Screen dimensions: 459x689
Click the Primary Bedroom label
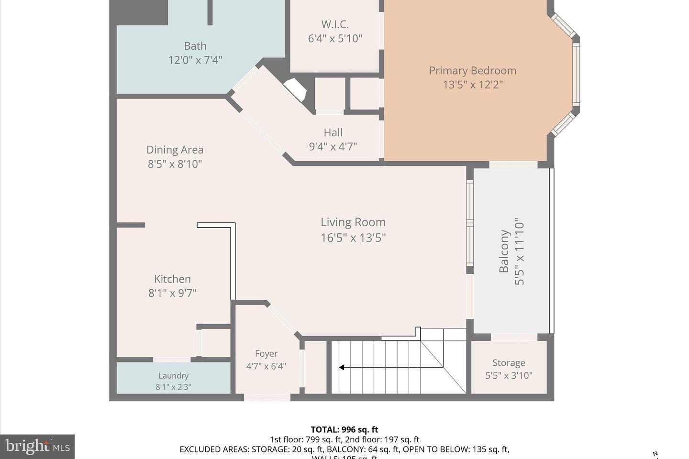tap(472, 71)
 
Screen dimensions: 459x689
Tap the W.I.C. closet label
tap(335, 24)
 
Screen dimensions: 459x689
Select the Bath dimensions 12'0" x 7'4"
tap(195, 60)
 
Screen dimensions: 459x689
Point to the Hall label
tap(333, 132)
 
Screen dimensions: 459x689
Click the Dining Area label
tap(175, 150)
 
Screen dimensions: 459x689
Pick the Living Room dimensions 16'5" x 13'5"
tap(353, 238)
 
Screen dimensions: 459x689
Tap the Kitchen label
tap(172, 279)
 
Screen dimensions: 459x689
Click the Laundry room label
tap(173, 376)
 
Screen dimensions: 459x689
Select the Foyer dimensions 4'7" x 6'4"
tap(266, 366)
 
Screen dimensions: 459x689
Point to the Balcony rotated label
tap(504, 251)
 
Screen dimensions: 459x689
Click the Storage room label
tap(509, 363)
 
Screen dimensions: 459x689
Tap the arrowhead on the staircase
tap(342, 367)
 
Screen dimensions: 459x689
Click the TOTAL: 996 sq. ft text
tap(344, 429)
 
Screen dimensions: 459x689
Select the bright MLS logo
tap(37, 447)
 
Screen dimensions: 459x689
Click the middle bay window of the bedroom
tap(576, 74)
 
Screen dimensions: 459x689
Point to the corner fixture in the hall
tap(295, 90)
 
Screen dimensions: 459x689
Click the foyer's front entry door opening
tap(267, 397)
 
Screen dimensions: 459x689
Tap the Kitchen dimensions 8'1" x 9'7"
tap(172, 293)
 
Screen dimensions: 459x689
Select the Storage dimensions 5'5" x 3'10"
tap(509, 376)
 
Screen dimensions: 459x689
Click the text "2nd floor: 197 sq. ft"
tap(382, 439)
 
